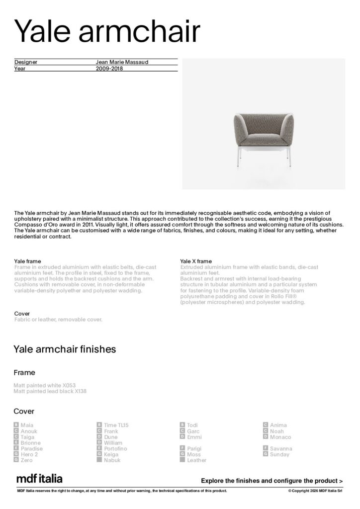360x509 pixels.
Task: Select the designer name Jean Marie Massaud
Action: tap(122, 62)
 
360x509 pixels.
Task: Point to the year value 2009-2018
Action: tap(109, 69)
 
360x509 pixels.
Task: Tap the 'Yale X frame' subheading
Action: tap(196, 261)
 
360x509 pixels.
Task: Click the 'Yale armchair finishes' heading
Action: tap(65, 349)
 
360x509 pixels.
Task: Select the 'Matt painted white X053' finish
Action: tap(45, 385)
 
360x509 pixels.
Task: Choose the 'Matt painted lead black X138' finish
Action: tap(50, 391)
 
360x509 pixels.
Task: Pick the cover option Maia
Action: tap(27, 425)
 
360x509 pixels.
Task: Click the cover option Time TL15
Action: tap(116, 425)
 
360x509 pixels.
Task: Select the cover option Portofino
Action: tap(115, 448)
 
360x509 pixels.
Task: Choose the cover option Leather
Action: tap(196, 460)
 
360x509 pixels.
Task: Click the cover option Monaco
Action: tap(280, 437)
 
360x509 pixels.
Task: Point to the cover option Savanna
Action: tap(281, 448)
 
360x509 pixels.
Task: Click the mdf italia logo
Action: tap(39, 479)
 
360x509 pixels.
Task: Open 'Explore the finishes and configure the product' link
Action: tap(271, 481)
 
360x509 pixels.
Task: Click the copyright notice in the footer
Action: tap(315, 491)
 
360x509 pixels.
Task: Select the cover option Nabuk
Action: tap(112, 460)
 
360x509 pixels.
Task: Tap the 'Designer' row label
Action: tap(26, 62)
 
